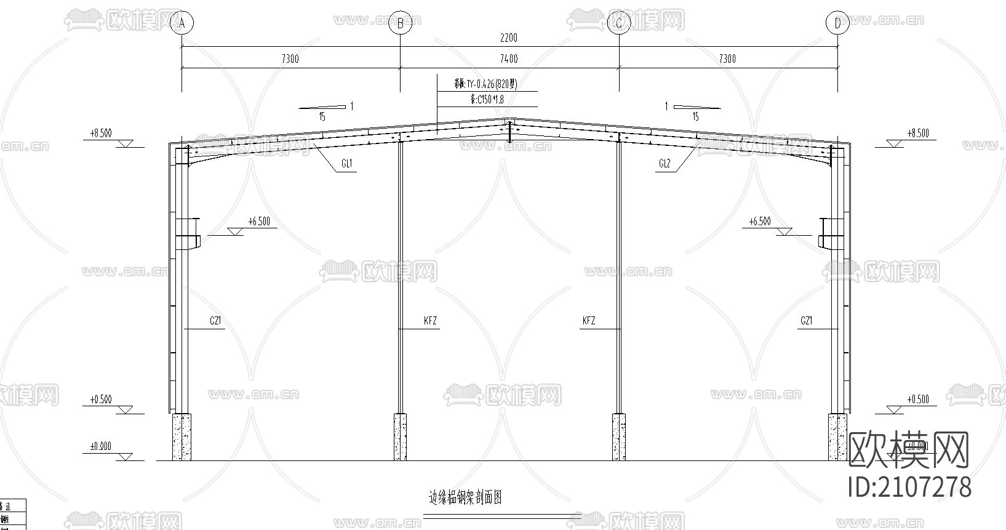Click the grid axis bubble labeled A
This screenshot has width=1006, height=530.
tap(182, 23)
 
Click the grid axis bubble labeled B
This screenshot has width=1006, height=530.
tap(401, 23)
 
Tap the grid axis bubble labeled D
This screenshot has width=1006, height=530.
tap(837, 23)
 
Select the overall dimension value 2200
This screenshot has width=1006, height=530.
tap(508, 38)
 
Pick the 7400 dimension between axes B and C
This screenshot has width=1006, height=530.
tap(509, 59)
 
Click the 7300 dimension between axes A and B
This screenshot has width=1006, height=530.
tap(290, 59)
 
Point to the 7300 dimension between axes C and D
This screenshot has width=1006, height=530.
tap(727, 59)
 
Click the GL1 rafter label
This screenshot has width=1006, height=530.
tap(346, 164)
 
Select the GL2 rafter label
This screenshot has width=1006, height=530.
tap(665, 164)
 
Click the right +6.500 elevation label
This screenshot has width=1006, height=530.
tap(760, 222)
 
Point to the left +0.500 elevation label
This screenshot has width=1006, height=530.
tap(101, 400)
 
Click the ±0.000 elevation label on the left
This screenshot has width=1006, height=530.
tap(101, 446)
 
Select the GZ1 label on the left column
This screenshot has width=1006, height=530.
tap(215, 321)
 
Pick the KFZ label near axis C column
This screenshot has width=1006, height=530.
tap(589, 321)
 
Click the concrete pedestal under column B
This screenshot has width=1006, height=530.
tap(400, 436)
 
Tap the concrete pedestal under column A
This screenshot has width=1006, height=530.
tap(182, 436)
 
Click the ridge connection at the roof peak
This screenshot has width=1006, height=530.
tap(509, 130)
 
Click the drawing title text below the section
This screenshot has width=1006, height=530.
tap(465, 497)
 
